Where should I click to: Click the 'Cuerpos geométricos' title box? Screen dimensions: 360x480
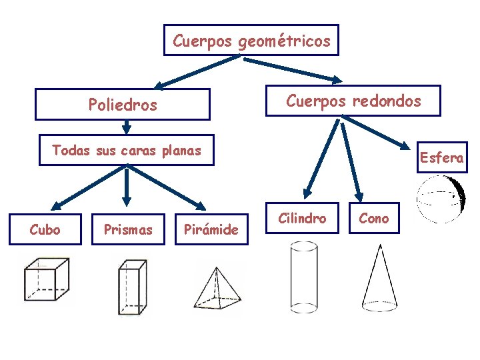tap(251, 41)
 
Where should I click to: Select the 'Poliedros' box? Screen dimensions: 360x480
tap(123, 105)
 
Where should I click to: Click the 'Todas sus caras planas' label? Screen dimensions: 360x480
tap(127, 151)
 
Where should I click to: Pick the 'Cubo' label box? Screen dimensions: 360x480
tap(45, 230)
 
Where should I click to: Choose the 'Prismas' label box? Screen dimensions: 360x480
tap(128, 230)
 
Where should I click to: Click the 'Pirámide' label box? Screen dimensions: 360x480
tap(211, 230)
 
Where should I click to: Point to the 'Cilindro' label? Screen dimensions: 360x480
tap(303, 218)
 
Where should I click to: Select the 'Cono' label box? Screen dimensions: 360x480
tap(374, 218)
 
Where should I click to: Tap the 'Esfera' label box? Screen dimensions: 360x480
tap(442, 158)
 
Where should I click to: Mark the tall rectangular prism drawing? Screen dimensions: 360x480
tap(131, 287)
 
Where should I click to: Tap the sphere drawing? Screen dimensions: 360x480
tap(441, 199)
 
